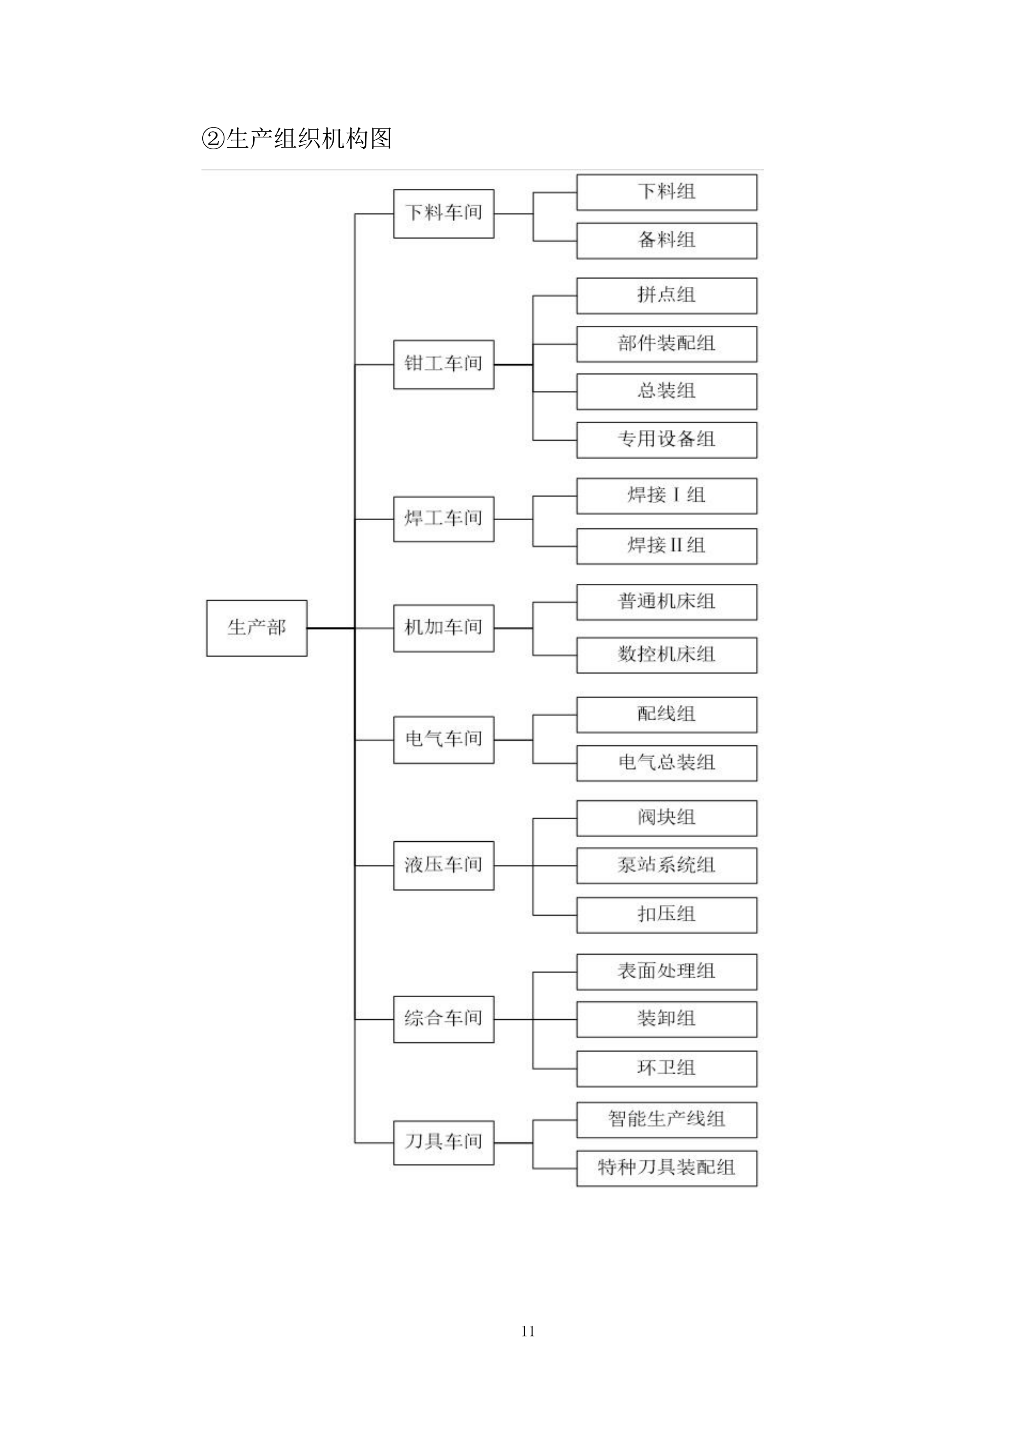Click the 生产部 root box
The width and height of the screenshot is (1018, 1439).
[x=256, y=628]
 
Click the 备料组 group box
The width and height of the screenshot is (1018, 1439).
[x=666, y=241]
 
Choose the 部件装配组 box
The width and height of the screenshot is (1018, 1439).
[x=666, y=344]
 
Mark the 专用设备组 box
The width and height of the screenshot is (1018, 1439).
[x=666, y=440]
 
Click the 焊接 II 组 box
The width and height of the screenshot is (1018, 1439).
[x=666, y=546]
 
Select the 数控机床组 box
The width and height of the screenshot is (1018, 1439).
[x=666, y=655]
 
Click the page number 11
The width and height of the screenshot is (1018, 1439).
[x=528, y=1332]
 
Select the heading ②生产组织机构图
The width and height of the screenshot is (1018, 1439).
[x=297, y=139]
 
